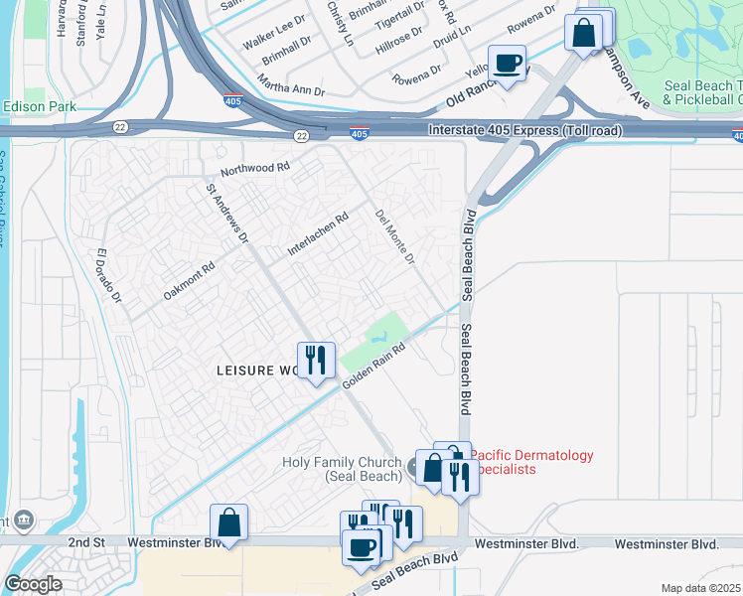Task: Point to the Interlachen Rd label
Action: pos(318,234)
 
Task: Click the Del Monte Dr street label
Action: pos(394,236)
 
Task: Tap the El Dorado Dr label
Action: pos(107,276)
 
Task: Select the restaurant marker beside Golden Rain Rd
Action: pos(315,360)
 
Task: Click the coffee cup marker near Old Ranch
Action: pos(507,63)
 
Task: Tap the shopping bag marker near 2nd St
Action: pos(228,521)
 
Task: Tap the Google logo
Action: pos(33,584)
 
